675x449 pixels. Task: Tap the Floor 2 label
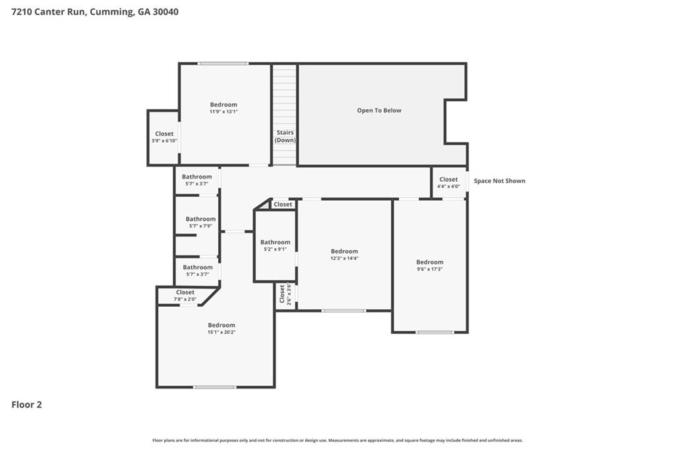pyautogui.click(x=26, y=405)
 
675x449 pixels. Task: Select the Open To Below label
pyautogui.click(x=379, y=111)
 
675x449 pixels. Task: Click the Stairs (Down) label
pyautogui.click(x=285, y=136)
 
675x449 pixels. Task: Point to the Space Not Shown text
pyautogui.click(x=500, y=181)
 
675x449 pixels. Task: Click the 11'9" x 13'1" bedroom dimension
pyautogui.click(x=224, y=112)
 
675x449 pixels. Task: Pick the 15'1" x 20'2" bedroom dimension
pyautogui.click(x=221, y=332)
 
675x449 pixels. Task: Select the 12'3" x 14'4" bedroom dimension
pyautogui.click(x=344, y=259)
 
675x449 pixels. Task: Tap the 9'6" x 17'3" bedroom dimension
pyautogui.click(x=430, y=269)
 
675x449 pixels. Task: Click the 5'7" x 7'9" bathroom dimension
pyautogui.click(x=200, y=226)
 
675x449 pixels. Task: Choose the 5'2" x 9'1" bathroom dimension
pyautogui.click(x=275, y=250)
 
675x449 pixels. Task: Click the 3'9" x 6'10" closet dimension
pyautogui.click(x=164, y=141)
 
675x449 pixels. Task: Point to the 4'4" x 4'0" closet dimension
pyautogui.click(x=448, y=187)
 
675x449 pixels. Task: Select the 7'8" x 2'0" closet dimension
pyautogui.click(x=185, y=300)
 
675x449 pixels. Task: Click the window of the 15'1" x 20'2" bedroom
pyautogui.click(x=214, y=387)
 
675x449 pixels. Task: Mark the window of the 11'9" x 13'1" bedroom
pyautogui.click(x=223, y=64)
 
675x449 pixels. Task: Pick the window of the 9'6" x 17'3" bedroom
pyautogui.click(x=434, y=332)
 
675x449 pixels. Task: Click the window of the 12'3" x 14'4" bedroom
pyautogui.click(x=344, y=311)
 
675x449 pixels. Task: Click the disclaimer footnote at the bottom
pyautogui.click(x=337, y=440)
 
